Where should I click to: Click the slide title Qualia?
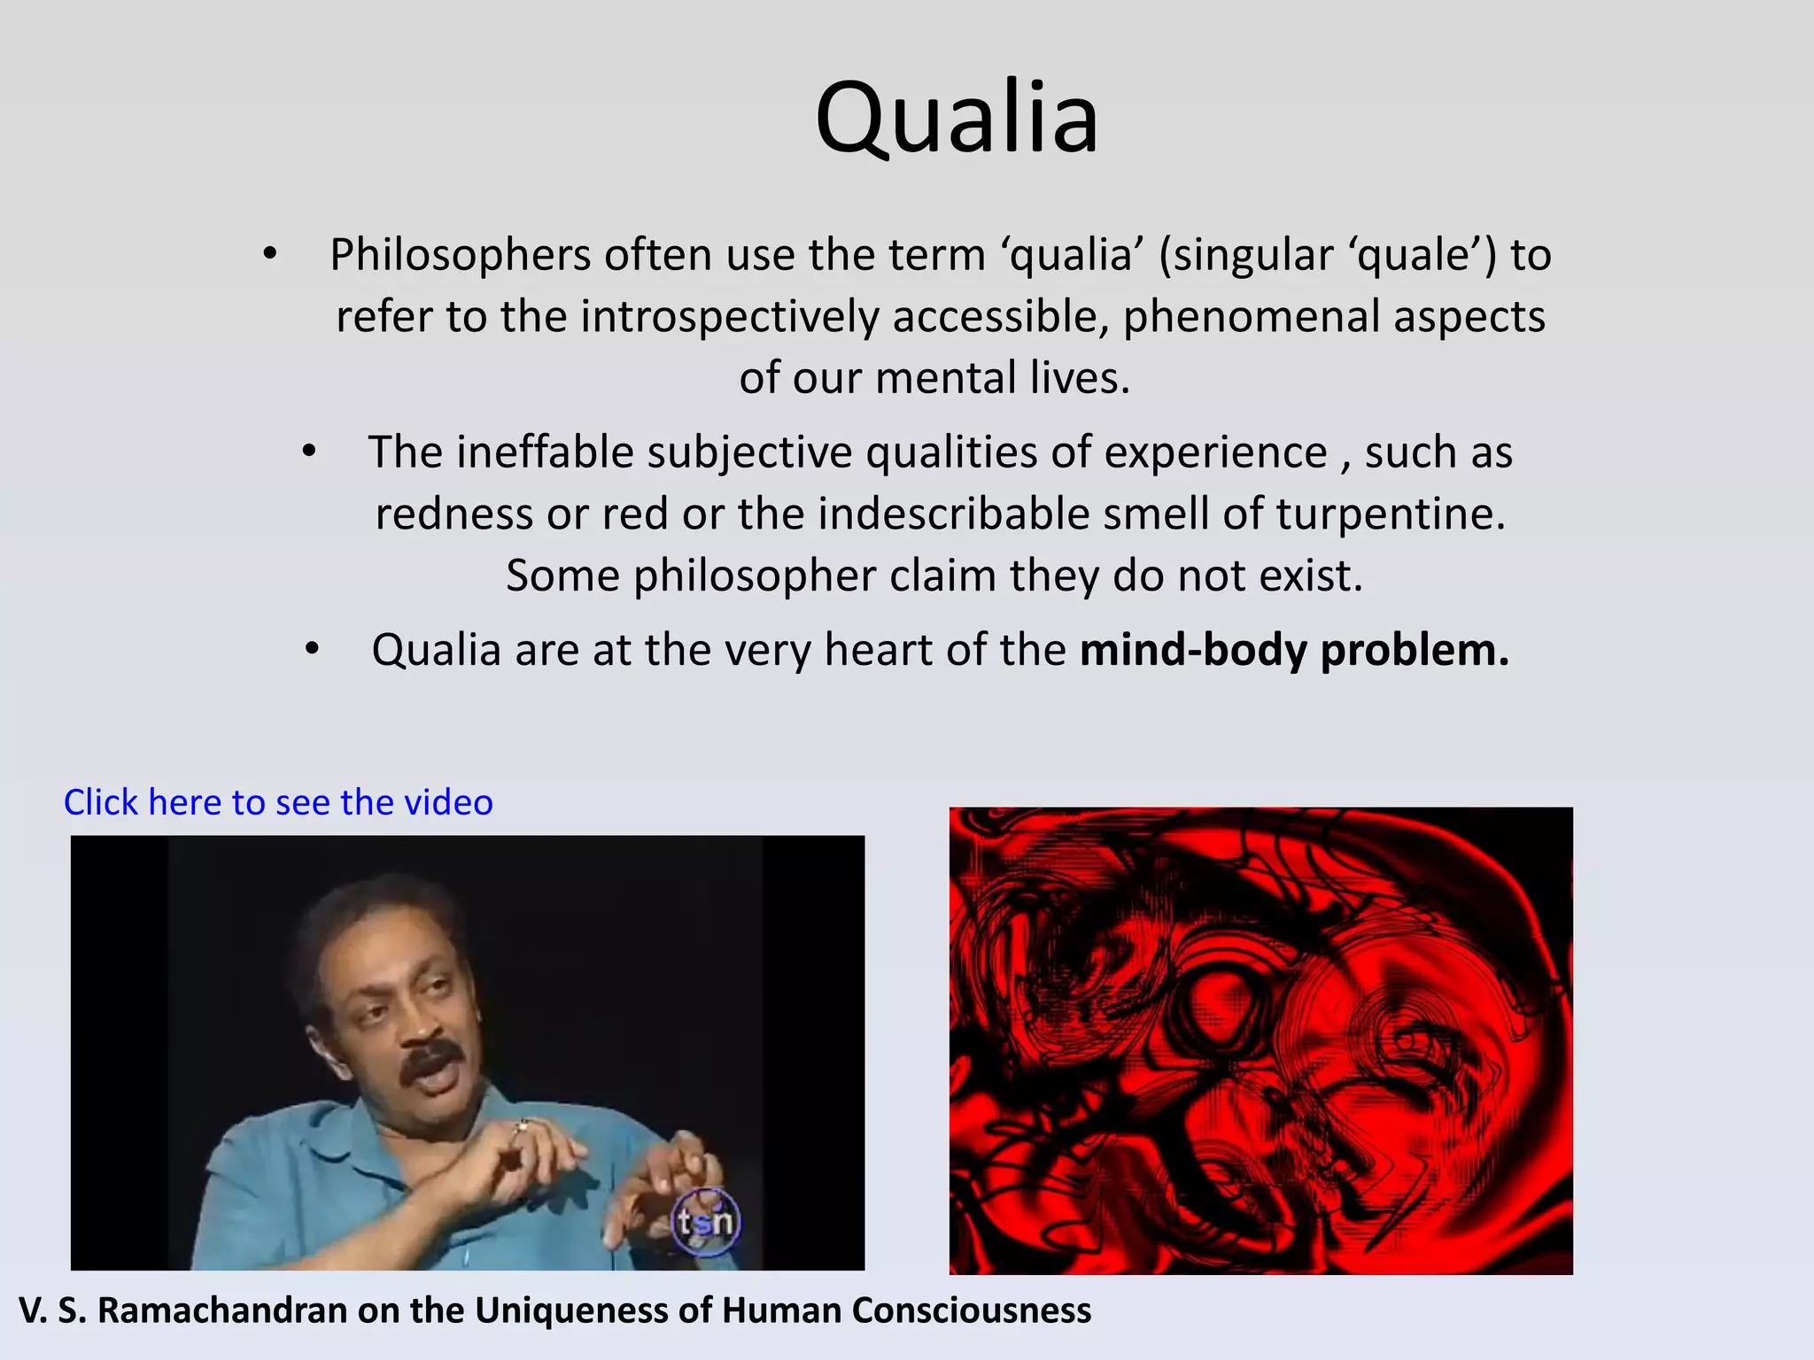pos(957,118)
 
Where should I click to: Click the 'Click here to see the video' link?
pos(278,802)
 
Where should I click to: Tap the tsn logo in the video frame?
pos(705,1222)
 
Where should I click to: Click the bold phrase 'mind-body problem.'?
pos(1294,650)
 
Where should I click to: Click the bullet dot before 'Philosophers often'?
pos(270,255)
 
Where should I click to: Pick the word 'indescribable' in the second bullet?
pos(953,514)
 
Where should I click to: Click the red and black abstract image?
pos(1260,1040)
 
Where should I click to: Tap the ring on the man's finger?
pos(522,1125)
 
